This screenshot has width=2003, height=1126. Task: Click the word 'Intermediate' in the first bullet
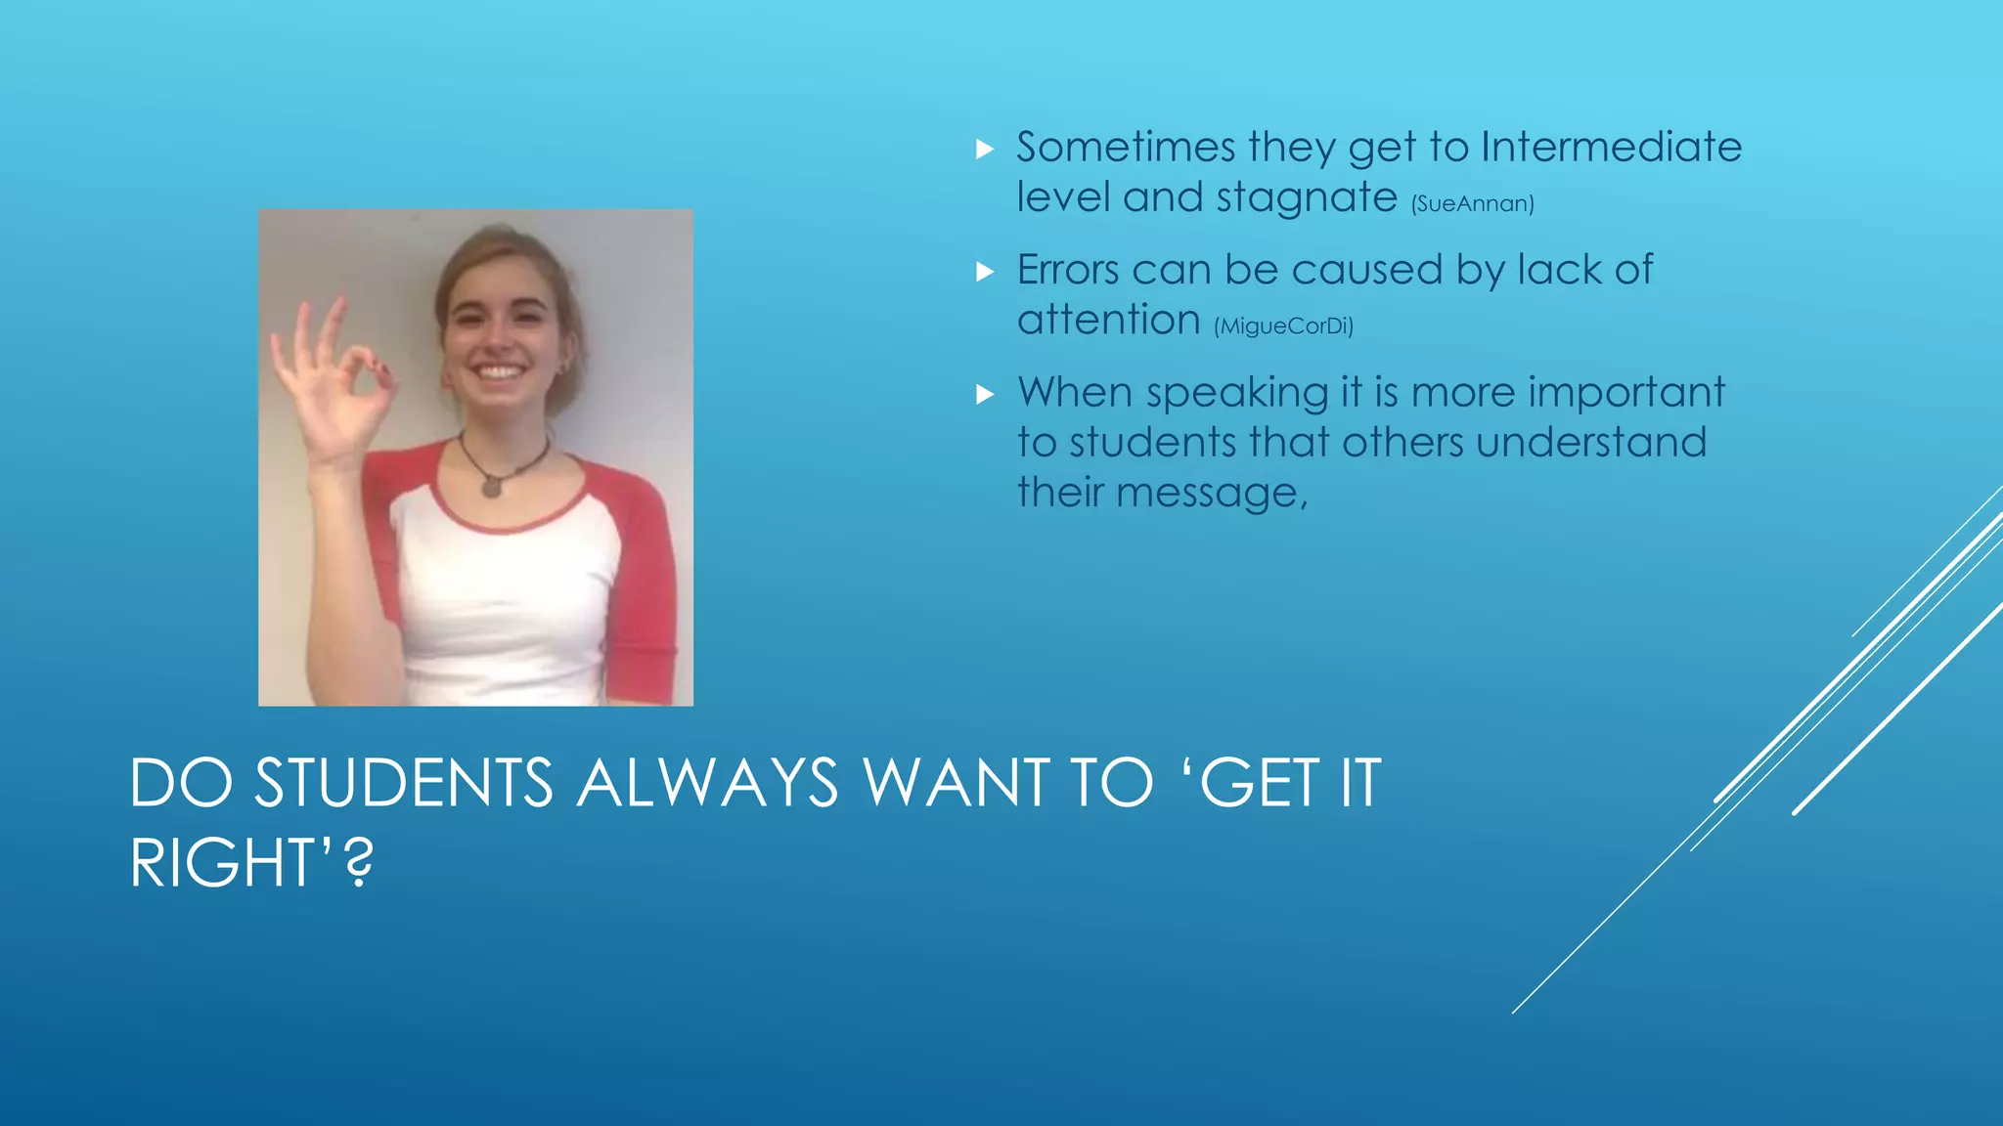coord(1611,148)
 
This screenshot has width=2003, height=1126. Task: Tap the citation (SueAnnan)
coord(1472,203)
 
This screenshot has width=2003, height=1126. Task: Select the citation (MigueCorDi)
coord(1283,326)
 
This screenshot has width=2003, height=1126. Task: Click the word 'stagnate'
coord(1307,198)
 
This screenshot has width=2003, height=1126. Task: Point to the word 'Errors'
coord(1068,270)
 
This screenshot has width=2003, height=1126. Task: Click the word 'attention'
coord(1108,320)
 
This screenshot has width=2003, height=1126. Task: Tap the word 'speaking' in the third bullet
coord(1236,394)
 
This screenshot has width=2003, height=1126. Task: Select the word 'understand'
coord(1591,443)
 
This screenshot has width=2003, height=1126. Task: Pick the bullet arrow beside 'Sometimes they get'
coord(985,150)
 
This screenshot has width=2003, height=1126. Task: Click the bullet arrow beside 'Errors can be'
coord(985,272)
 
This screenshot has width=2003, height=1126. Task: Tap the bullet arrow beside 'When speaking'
coord(985,395)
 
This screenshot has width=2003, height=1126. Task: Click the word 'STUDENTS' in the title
coord(403,783)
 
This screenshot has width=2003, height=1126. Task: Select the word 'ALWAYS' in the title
coord(706,783)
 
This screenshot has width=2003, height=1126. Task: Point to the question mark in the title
coord(360,863)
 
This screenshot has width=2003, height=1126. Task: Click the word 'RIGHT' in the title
coord(220,863)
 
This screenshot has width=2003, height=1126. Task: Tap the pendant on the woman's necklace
coord(492,484)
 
